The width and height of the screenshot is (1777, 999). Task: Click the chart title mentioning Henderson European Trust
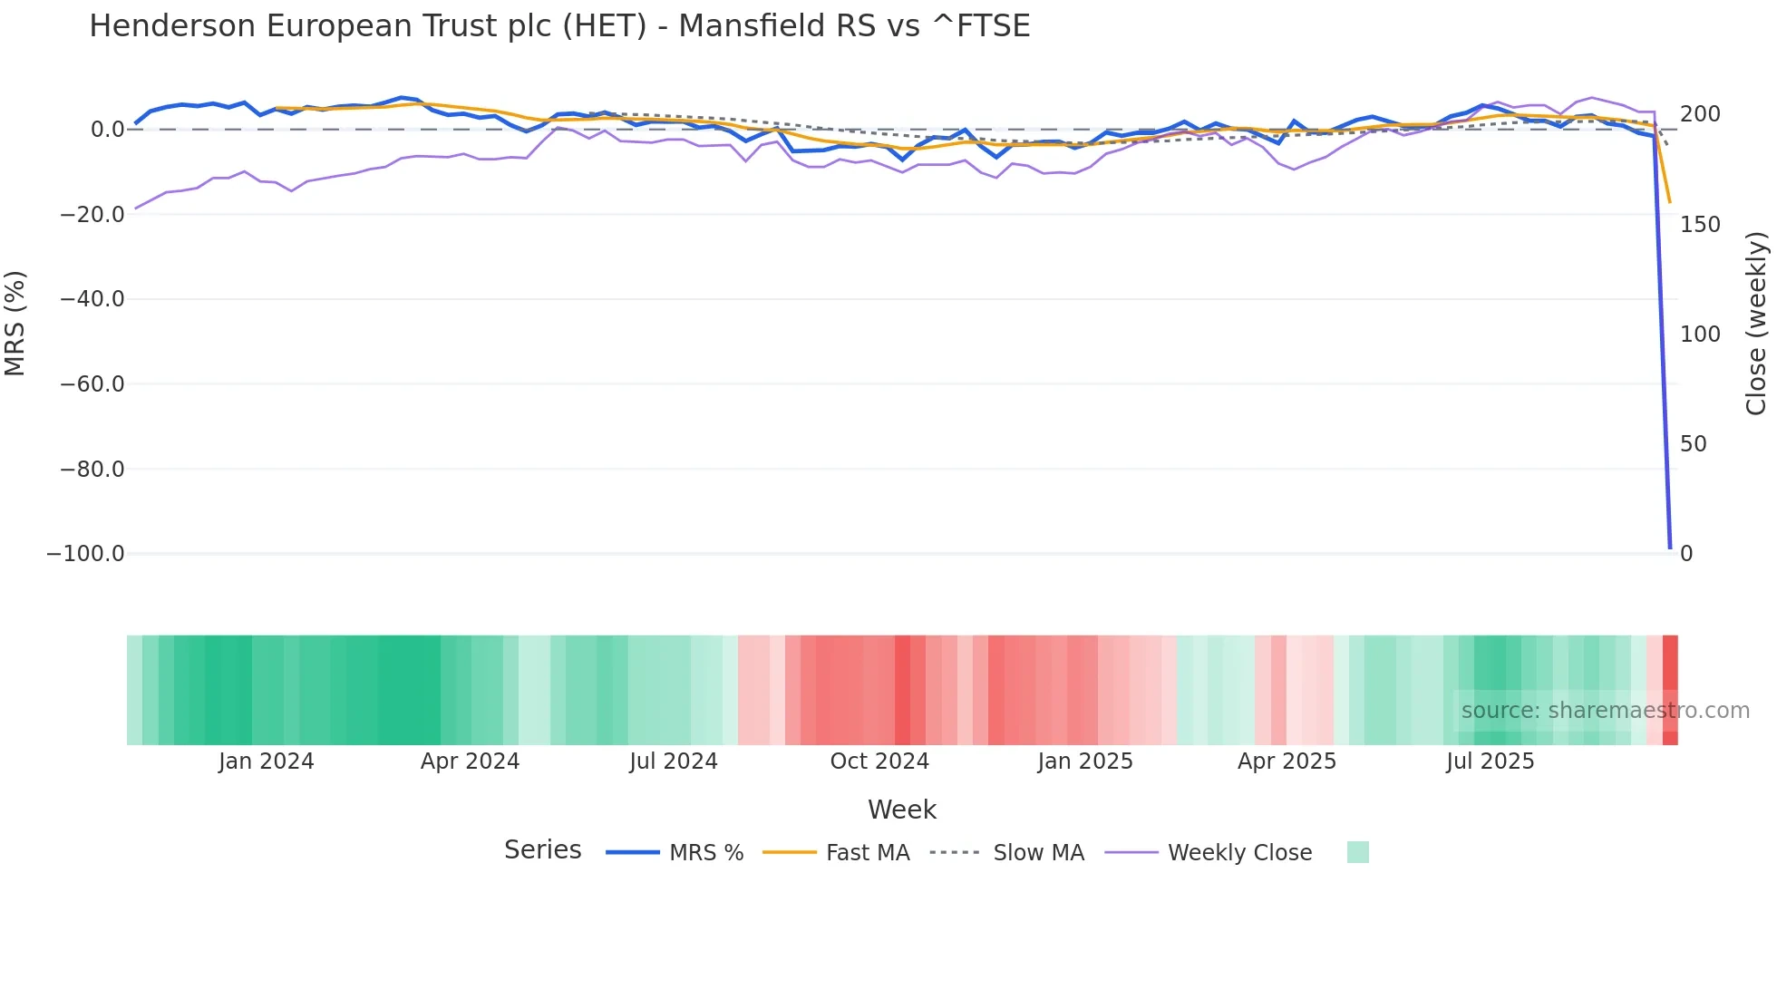coord(559,26)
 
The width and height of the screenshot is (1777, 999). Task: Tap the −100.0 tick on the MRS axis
coord(85,554)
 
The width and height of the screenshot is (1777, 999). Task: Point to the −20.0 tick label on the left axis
coord(92,215)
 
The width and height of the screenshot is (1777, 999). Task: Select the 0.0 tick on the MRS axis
coord(107,130)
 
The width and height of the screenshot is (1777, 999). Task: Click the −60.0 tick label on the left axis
coord(92,384)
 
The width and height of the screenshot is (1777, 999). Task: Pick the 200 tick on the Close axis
coord(1700,114)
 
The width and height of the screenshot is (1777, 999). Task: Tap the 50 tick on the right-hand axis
coord(1694,444)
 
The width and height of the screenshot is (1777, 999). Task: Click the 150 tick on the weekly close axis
coord(1700,225)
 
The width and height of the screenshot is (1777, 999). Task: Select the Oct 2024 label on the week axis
coord(879,761)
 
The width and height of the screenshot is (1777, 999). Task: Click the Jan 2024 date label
coord(266,761)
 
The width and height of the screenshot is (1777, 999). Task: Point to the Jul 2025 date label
coord(1490,761)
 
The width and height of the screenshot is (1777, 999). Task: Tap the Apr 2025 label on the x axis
coord(1287,761)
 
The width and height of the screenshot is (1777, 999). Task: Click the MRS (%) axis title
coord(15,324)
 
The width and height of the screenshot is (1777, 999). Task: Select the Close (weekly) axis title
coord(1756,324)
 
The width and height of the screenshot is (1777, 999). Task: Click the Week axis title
coord(901,810)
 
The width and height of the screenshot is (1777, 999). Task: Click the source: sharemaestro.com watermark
coord(1605,711)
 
